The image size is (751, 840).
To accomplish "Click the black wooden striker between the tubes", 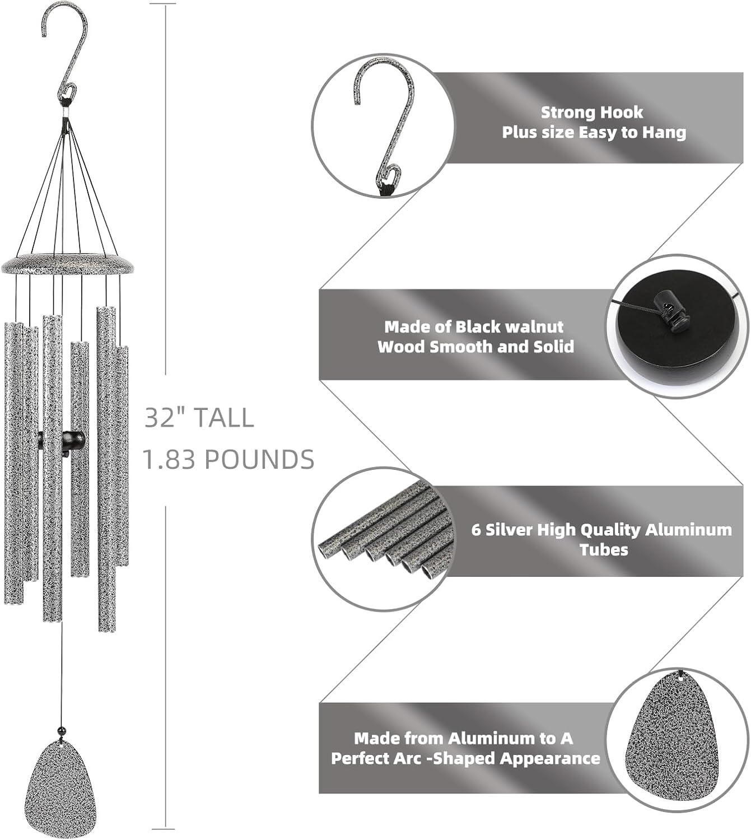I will [63, 440].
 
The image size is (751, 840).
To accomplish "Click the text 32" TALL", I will [199, 418].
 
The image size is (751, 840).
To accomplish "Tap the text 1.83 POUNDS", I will [228, 460].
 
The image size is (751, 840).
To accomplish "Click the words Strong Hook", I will [591, 113].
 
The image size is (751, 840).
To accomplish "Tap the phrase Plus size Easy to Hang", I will [594, 133].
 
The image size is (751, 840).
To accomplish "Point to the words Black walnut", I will [509, 326].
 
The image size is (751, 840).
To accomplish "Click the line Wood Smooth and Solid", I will [475, 347].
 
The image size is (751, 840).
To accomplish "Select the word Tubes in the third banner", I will [603, 549].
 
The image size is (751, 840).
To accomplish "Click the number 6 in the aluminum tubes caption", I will [475, 530].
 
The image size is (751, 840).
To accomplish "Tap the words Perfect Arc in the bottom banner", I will [378, 758].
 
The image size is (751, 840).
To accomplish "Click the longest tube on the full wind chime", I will [106, 470].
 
